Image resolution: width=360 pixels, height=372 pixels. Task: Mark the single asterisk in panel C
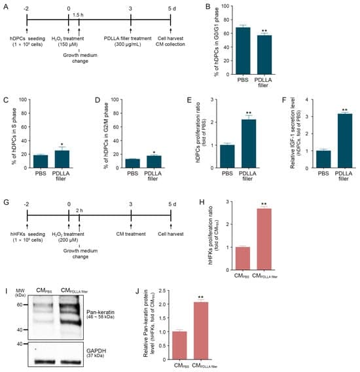click(62, 143)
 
